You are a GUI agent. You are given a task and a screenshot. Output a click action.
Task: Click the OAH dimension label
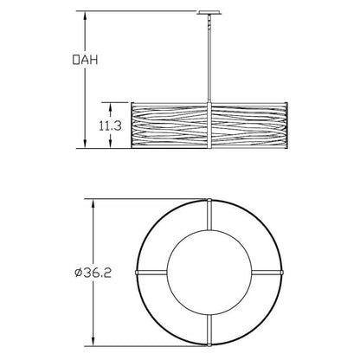point(85,60)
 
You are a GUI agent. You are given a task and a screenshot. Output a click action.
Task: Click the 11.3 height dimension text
point(110,125)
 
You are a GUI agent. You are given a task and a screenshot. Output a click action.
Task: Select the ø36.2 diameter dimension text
point(93,273)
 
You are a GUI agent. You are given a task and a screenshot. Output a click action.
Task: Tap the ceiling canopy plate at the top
point(209,13)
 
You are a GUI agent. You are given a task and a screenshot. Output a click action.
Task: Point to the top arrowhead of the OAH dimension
point(85,16)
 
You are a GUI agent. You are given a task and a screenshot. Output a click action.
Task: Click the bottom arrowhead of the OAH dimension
point(85,145)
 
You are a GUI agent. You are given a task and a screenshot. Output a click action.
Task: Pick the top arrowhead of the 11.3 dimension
point(110,106)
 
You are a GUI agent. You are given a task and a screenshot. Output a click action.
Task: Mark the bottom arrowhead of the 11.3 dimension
point(110,145)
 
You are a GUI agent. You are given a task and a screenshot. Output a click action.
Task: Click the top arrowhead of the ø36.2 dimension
point(93,203)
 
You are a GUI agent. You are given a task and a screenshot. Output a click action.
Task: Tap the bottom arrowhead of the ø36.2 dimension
point(93,342)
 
